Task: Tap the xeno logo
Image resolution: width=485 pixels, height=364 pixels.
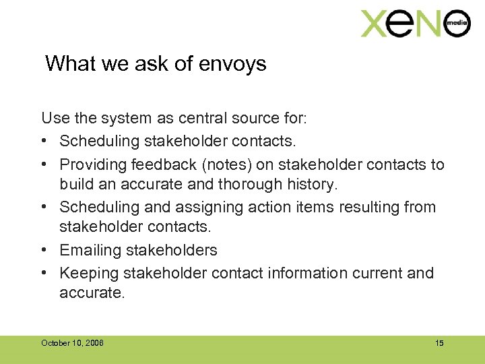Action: tap(414, 24)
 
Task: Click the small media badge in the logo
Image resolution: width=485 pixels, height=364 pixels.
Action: tap(457, 25)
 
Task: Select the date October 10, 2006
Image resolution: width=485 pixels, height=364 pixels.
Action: tap(72, 343)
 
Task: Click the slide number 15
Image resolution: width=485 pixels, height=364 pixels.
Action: tap(439, 343)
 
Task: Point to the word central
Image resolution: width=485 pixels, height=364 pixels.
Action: tap(203, 119)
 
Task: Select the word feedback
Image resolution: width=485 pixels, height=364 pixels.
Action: tap(166, 164)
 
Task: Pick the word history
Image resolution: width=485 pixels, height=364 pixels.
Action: tap(315, 184)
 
